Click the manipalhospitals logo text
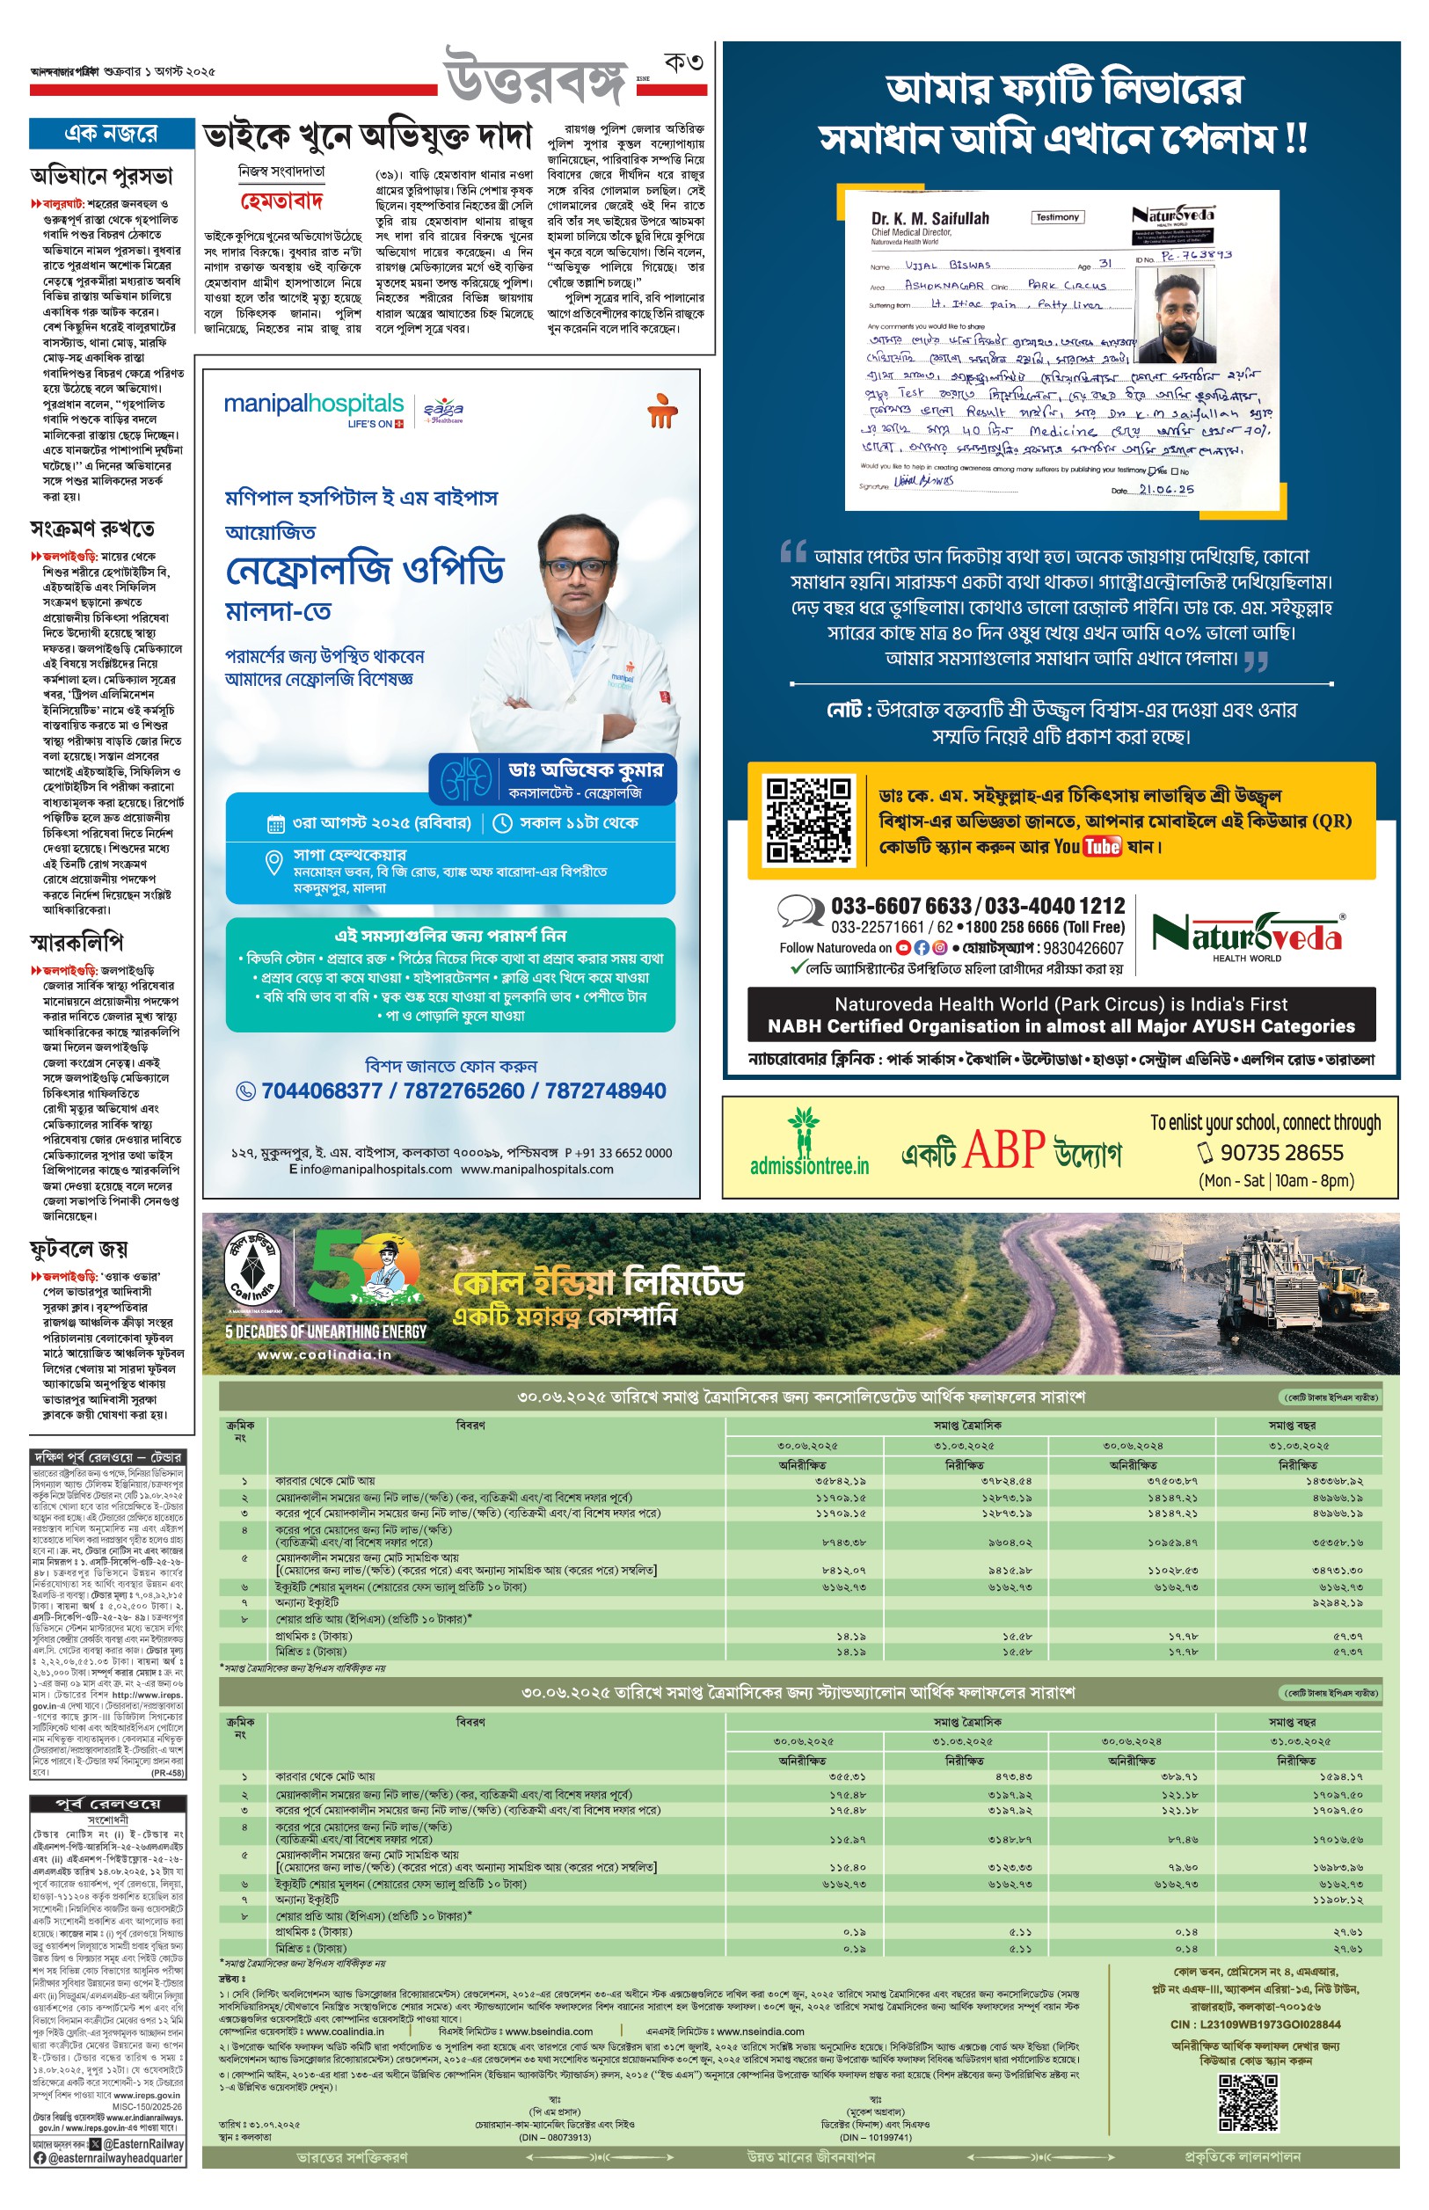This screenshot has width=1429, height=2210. [314, 405]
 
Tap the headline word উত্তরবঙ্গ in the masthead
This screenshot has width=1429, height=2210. [536, 78]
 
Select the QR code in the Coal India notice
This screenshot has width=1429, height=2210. [1247, 2103]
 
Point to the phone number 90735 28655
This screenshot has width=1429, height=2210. [1281, 1152]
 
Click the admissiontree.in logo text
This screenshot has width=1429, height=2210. [809, 1165]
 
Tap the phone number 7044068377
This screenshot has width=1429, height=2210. [321, 1091]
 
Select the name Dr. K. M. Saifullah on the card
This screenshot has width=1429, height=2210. [930, 219]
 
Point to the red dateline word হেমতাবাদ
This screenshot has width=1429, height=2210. [281, 201]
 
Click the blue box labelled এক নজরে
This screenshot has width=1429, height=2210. [112, 134]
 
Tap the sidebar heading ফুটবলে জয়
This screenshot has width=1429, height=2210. [79, 1249]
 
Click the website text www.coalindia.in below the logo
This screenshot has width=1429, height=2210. [324, 1354]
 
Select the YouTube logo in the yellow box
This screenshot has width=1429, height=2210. [1102, 846]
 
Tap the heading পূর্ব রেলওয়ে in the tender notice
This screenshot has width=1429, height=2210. [107, 1803]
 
